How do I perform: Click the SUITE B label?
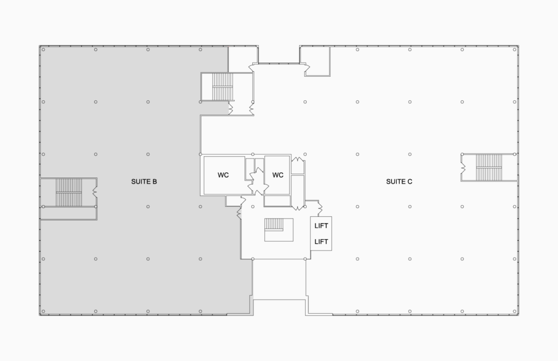144,181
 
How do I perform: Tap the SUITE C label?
399,181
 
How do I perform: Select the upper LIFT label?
321,226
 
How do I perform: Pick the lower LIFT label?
321,242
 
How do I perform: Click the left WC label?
223,175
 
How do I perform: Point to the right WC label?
277,175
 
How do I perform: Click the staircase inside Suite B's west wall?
69,192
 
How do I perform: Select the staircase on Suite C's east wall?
489,167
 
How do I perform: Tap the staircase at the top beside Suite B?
222,87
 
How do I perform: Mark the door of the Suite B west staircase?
95,192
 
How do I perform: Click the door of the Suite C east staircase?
463,167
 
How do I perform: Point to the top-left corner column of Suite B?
44,50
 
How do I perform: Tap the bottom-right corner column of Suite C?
514,311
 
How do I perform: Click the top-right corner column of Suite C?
514,50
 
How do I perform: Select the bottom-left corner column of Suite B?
44,311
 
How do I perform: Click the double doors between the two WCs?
258,181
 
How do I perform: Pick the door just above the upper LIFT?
319,207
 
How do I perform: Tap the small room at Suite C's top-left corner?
316,61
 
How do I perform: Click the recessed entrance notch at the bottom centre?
280,307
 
